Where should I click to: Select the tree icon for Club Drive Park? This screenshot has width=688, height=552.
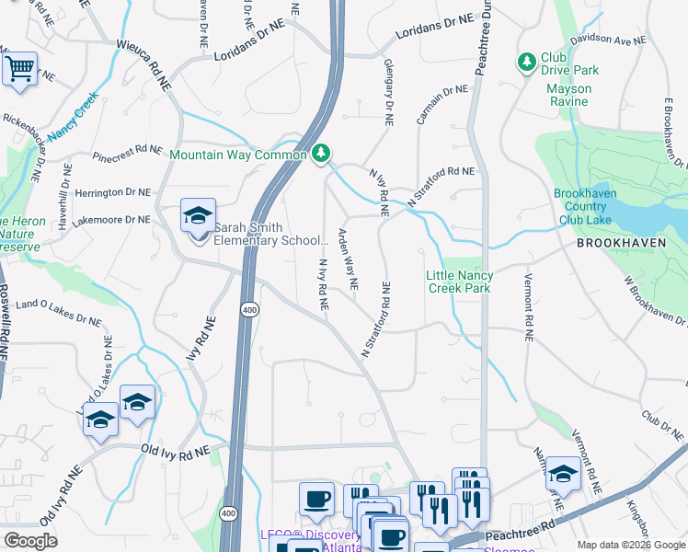527,62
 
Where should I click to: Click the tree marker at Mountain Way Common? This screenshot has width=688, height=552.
320,153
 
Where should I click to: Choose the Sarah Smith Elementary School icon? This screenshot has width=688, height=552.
198,217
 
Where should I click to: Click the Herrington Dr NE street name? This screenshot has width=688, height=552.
112,192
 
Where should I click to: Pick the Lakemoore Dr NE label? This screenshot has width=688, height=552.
110,220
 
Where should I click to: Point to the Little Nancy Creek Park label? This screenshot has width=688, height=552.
460,282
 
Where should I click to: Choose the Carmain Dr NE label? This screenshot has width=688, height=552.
441,105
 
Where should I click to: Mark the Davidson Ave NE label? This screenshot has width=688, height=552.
609,40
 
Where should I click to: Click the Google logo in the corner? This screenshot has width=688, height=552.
30,541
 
